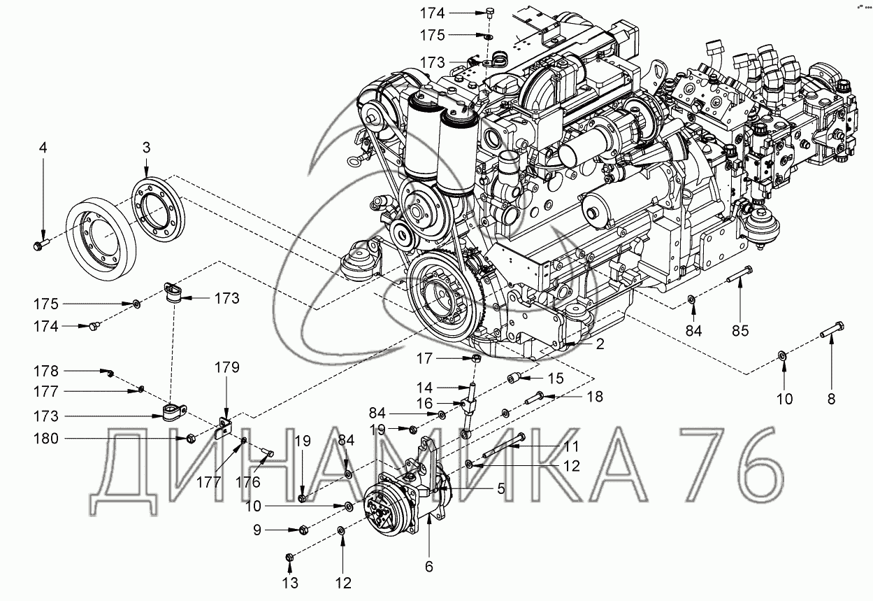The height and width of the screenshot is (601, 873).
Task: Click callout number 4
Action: (x=43, y=148)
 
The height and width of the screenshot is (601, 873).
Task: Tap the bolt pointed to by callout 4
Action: (x=42, y=245)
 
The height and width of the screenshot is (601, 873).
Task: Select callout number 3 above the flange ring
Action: (x=146, y=148)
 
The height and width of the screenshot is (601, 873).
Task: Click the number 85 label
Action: (x=740, y=331)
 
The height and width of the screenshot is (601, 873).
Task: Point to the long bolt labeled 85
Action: (x=739, y=274)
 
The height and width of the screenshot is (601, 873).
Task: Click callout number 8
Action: (x=832, y=399)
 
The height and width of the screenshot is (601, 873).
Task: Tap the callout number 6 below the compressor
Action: (x=428, y=566)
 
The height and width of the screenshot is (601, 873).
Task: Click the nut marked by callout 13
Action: (x=290, y=558)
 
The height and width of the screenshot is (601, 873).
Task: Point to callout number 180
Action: (x=46, y=439)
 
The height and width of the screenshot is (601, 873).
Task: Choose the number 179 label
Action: (x=227, y=367)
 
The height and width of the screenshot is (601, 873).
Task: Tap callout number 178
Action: (x=46, y=371)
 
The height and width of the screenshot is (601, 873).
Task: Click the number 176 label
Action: (x=248, y=482)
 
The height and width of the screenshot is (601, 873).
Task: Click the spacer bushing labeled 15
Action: (x=513, y=378)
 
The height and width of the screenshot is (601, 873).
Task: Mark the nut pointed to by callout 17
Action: (x=475, y=358)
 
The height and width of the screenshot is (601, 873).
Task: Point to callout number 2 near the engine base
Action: (x=600, y=344)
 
